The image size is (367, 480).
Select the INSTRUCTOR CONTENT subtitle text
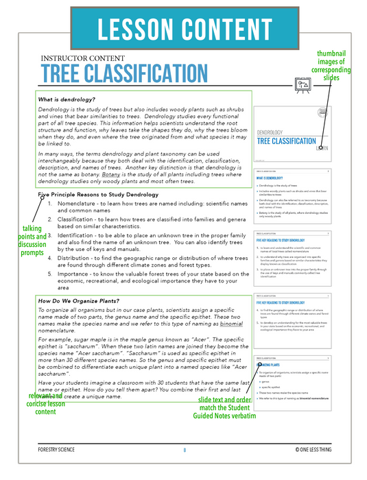point(83,59)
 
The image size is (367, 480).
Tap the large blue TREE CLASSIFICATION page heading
point(123,74)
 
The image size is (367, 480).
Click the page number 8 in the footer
point(184,469)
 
